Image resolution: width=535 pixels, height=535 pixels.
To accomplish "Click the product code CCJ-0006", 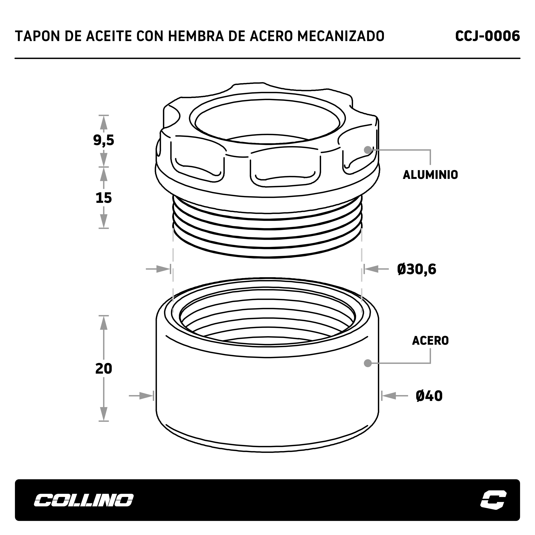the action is (487, 36).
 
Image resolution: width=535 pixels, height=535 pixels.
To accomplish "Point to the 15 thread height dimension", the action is (104, 198).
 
